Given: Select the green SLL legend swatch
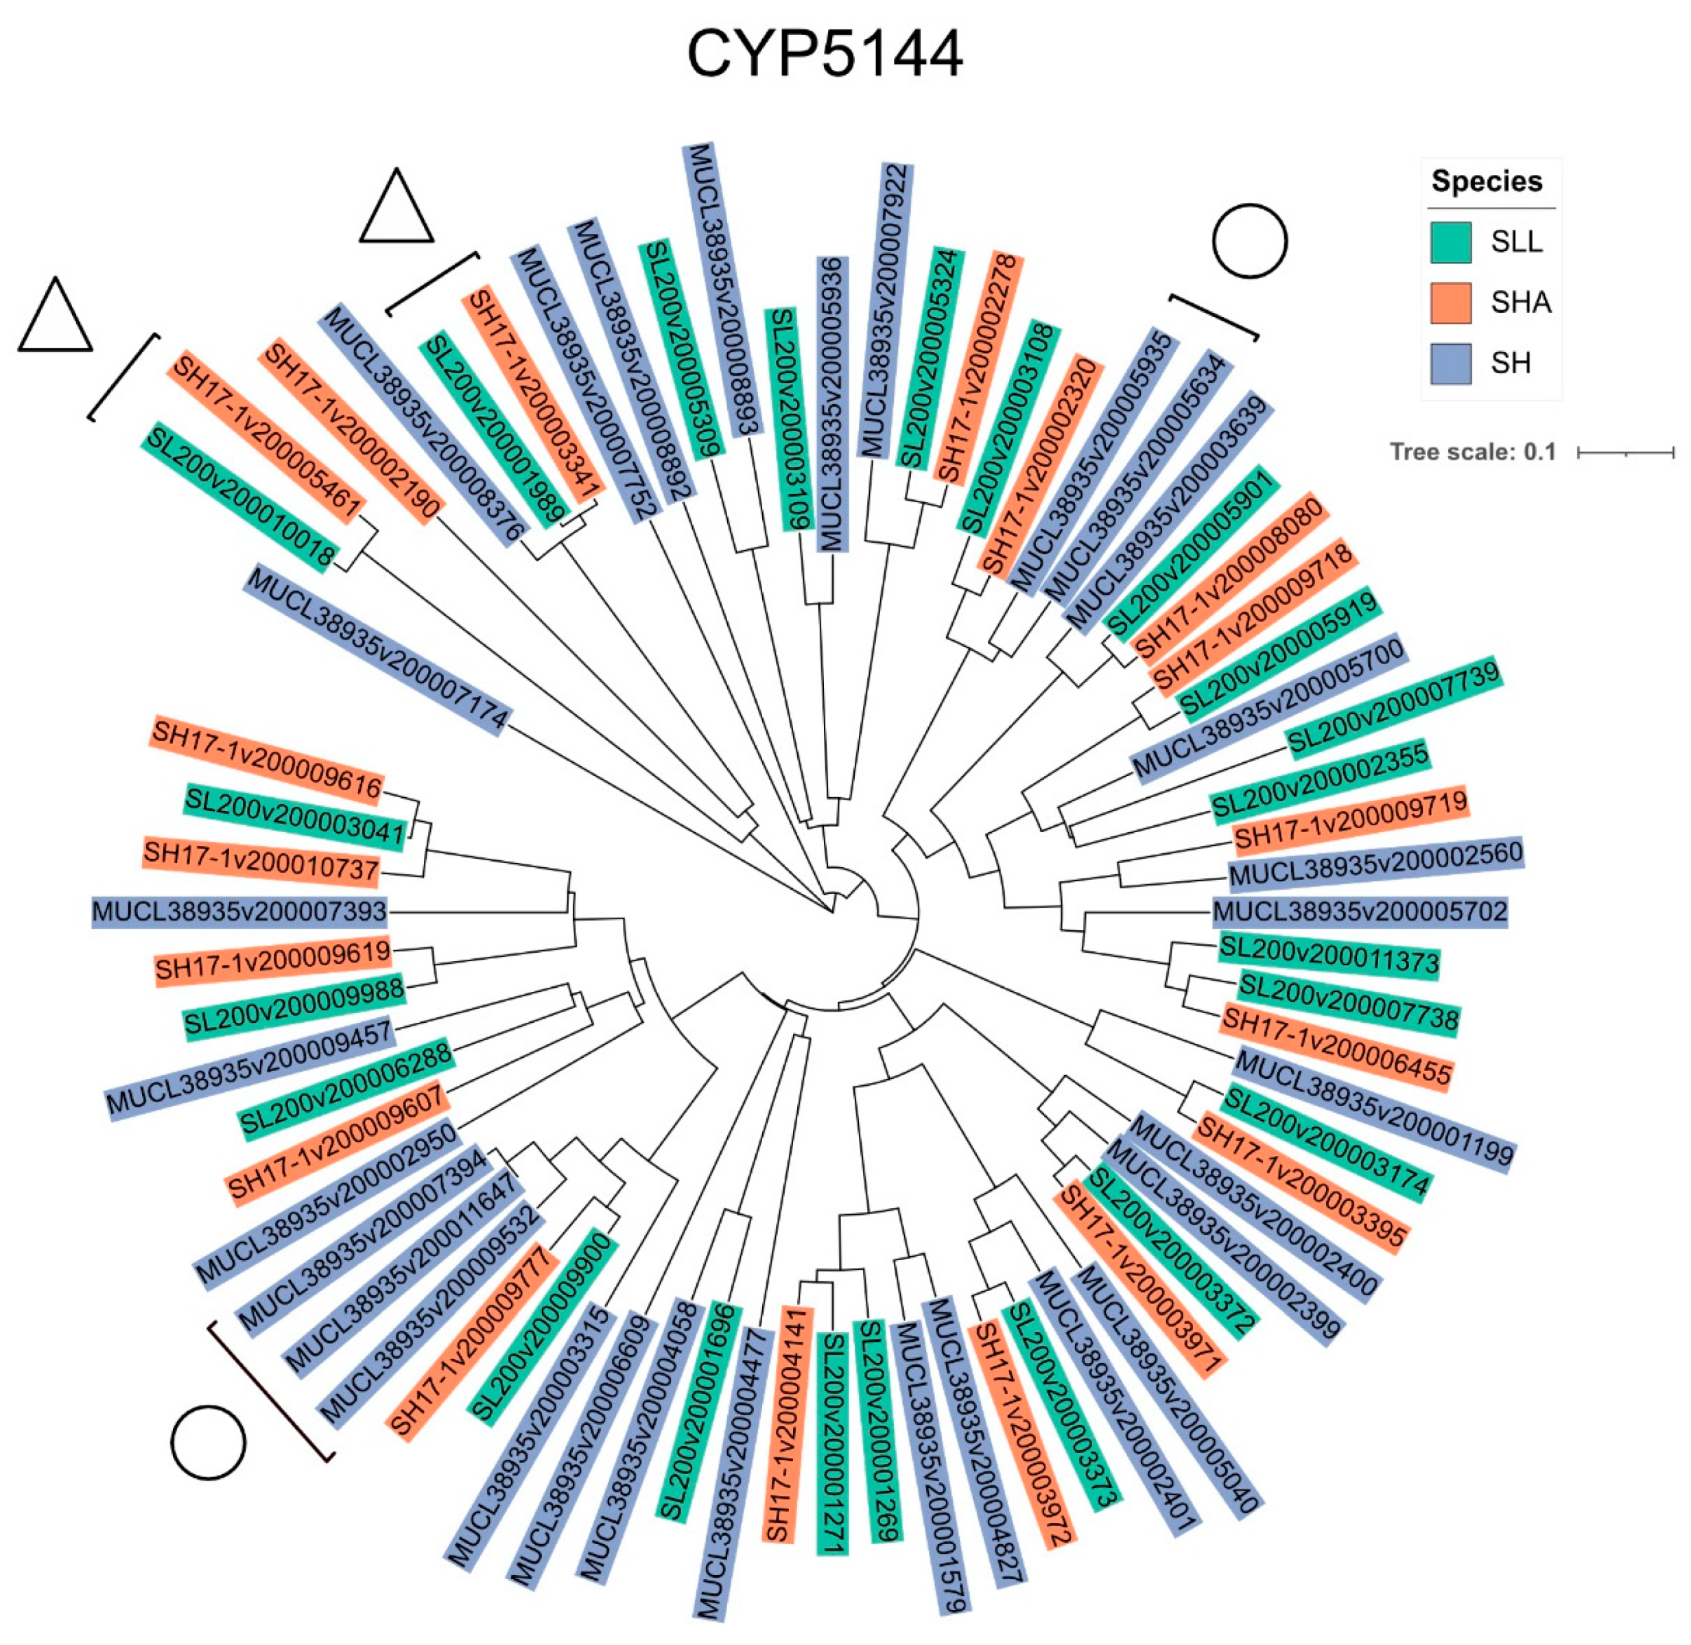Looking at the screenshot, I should tap(1450, 242).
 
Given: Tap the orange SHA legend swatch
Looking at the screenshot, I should tap(1450, 303).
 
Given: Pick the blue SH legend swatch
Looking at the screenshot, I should tap(1450, 363).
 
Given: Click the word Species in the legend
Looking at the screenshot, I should tap(1486, 181).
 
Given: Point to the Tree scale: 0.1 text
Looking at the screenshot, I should tap(1472, 452).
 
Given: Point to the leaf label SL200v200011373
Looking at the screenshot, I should tap(1328, 956).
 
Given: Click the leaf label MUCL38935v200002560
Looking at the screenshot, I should tap(1375, 863).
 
